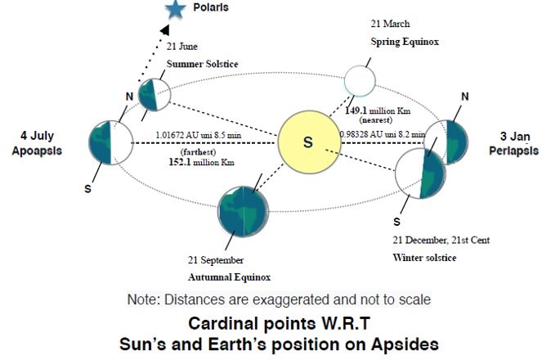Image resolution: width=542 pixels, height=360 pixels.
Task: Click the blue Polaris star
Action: click(174, 11)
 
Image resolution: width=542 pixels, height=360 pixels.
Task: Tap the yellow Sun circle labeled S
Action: click(308, 142)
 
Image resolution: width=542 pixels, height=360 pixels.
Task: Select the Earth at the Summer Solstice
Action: click(153, 95)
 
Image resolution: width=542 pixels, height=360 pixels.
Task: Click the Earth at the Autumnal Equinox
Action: click(243, 210)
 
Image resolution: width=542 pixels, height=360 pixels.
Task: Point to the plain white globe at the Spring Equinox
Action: click(359, 80)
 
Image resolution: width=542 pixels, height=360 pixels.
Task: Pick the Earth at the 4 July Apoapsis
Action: click(110, 145)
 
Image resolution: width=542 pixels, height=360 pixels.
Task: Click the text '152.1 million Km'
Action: click(198, 162)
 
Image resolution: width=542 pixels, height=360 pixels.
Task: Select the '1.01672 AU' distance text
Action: click(175, 134)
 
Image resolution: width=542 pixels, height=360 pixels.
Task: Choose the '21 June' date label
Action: click(181, 46)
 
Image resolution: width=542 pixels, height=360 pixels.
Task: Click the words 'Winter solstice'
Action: click(424, 259)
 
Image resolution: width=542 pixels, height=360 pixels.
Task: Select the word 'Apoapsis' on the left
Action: click(37, 151)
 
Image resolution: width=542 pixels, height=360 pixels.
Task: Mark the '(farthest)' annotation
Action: click(198, 150)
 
